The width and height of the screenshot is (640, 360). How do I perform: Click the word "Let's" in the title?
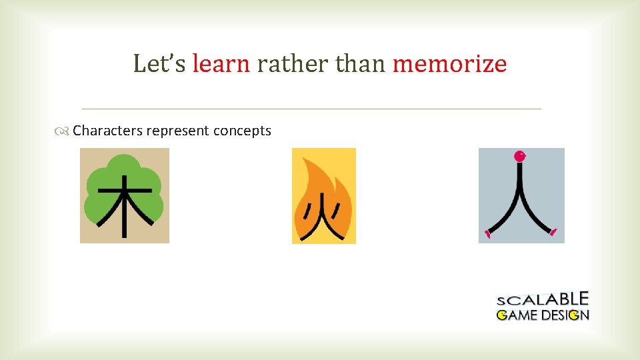click(160, 64)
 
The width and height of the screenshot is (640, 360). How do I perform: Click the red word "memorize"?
click(449, 64)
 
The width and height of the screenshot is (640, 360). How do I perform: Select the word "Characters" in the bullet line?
click(108, 131)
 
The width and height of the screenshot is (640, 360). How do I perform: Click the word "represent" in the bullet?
click(178, 131)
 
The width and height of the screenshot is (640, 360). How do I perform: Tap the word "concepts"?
click(242, 131)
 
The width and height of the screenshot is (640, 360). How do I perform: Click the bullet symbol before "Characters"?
click(63, 131)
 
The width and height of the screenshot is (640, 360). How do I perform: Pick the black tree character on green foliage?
click(124, 203)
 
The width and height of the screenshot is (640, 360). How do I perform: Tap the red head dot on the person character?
click(519, 157)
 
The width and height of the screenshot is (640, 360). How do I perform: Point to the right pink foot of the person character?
click(553, 232)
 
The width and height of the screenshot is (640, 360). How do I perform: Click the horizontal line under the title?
click(311, 108)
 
